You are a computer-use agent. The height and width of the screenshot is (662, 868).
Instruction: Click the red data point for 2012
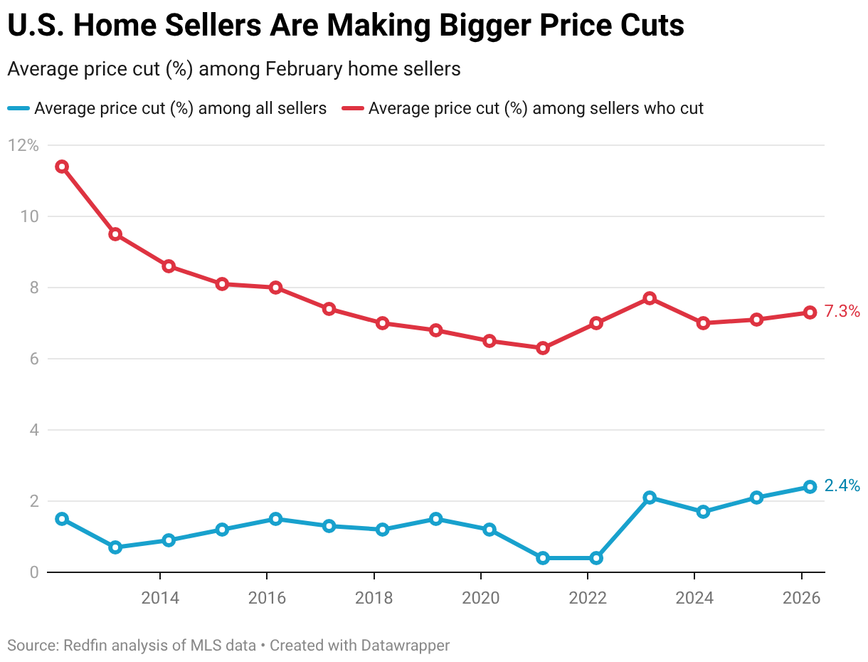click(x=62, y=167)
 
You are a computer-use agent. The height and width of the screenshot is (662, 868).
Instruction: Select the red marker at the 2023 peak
click(x=650, y=298)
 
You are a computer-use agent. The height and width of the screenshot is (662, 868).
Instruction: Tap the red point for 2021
click(x=543, y=348)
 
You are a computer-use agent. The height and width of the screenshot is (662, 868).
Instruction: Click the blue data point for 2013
click(x=115, y=547)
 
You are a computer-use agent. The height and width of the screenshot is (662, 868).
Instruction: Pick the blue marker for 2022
click(x=596, y=558)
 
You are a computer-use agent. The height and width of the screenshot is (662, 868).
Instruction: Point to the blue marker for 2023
click(x=650, y=498)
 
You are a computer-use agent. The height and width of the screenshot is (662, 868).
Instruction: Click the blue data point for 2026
click(x=810, y=487)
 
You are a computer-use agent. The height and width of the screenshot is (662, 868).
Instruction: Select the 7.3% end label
click(x=842, y=311)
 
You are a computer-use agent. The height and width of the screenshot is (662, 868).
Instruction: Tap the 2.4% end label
click(x=842, y=486)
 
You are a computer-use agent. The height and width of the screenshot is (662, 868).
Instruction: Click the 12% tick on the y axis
click(x=23, y=145)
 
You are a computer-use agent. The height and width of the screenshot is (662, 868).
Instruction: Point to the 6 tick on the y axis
click(x=33, y=359)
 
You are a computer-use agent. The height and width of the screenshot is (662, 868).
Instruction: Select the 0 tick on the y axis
click(x=33, y=572)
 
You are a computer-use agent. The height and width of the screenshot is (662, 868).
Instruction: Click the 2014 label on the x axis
click(x=160, y=598)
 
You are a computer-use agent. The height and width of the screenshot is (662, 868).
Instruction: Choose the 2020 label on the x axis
click(x=481, y=598)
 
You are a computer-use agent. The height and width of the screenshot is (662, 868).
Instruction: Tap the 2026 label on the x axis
click(x=801, y=598)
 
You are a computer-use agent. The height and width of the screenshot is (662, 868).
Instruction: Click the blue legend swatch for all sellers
click(x=18, y=109)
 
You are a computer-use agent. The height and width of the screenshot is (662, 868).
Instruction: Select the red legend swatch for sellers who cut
click(x=353, y=109)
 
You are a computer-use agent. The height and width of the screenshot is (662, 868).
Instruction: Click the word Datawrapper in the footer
click(x=406, y=646)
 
